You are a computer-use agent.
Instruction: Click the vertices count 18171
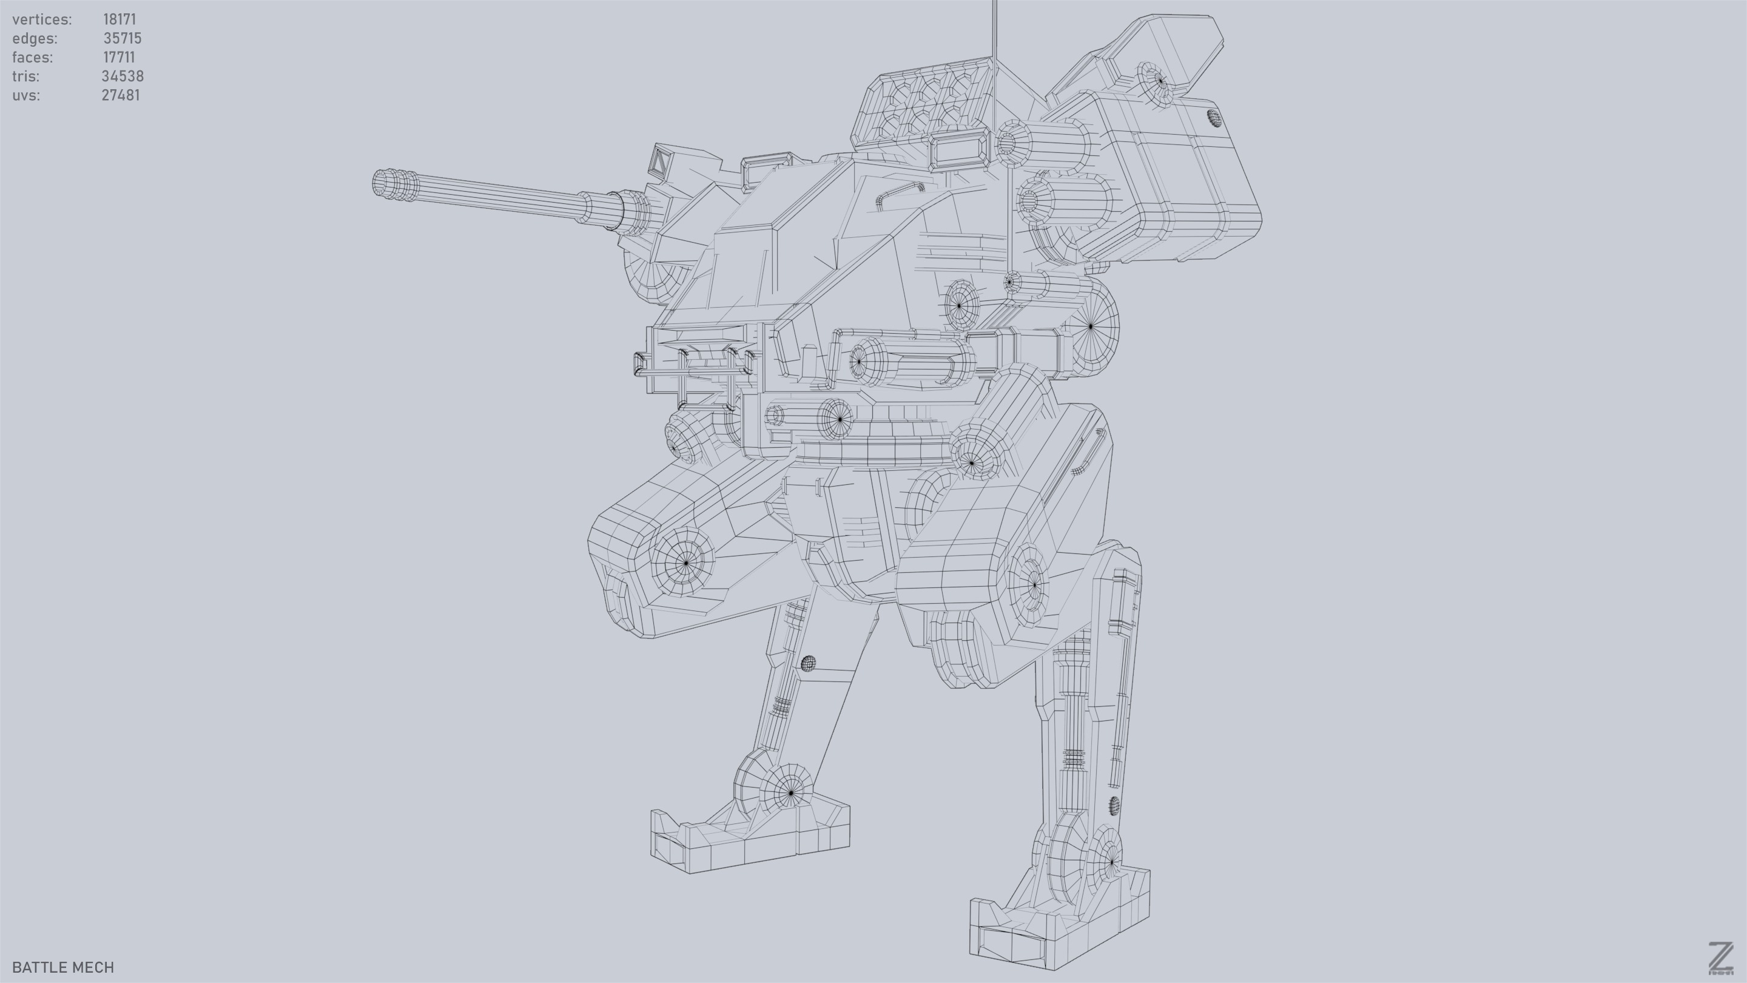pyautogui.click(x=119, y=19)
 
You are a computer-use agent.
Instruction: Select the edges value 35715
pyautogui.click(x=122, y=38)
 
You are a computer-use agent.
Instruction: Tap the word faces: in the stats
pyautogui.click(x=32, y=57)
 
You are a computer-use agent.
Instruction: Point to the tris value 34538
pyautogui.click(x=122, y=76)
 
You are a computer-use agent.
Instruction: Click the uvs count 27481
pyautogui.click(x=120, y=95)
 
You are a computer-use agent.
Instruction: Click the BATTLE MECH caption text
pyautogui.click(x=63, y=967)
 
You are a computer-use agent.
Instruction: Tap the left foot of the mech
pyautogui.click(x=749, y=841)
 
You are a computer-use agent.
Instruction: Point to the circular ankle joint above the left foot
pyautogui.click(x=790, y=792)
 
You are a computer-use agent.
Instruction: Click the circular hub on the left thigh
pyautogui.click(x=685, y=562)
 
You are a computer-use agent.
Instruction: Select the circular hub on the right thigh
pyautogui.click(x=1032, y=583)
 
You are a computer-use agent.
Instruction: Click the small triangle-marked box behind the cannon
pyautogui.click(x=659, y=161)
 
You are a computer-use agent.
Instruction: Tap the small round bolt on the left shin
pyautogui.click(x=808, y=663)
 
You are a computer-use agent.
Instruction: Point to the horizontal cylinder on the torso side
pyautogui.click(x=909, y=362)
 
